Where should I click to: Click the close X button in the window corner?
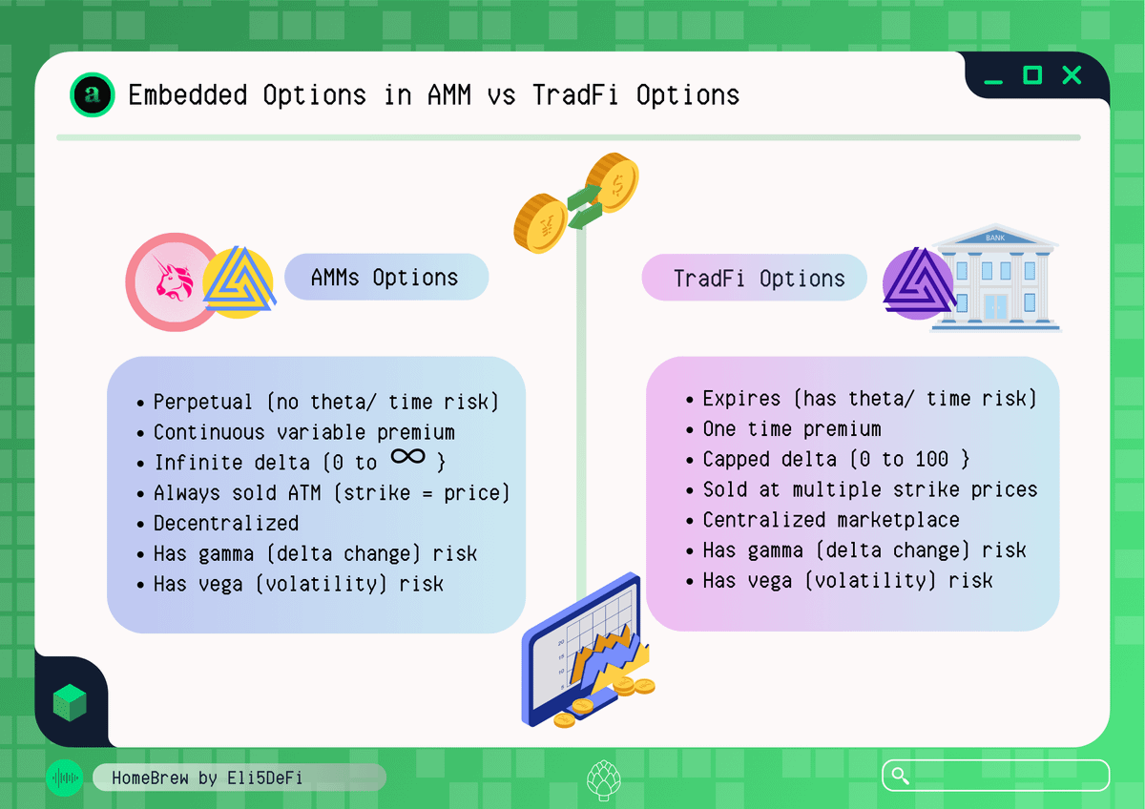pos(1072,75)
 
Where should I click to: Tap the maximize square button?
pos(1032,75)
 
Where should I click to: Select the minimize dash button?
pos(993,82)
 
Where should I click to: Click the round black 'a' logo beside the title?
pos(92,94)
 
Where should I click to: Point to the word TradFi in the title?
pos(575,95)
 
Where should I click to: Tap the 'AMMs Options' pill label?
pos(385,277)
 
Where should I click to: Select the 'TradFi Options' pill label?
pos(755,278)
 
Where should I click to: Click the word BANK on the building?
pos(995,238)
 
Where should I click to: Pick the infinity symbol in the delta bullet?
pos(408,456)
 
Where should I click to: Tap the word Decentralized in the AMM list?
pos(226,523)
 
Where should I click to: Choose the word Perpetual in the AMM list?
pos(203,402)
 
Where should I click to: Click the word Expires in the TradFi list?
pos(741,399)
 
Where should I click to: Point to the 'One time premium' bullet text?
pos(792,428)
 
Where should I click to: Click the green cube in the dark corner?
pos(70,703)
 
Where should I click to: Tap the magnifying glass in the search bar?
pos(900,776)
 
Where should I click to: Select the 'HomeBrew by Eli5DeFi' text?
pos(207,778)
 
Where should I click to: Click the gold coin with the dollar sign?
pos(613,182)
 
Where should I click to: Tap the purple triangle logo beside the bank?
pos(919,282)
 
